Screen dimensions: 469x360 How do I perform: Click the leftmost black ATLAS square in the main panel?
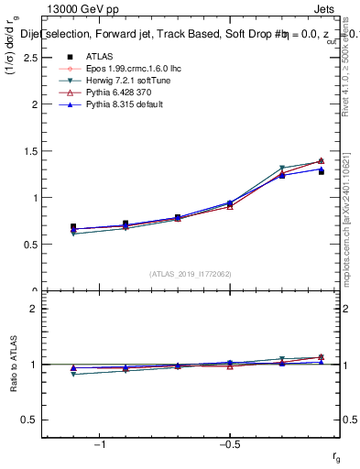(x=73, y=227)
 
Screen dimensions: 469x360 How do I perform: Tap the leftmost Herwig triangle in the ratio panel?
(x=73, y=374)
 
